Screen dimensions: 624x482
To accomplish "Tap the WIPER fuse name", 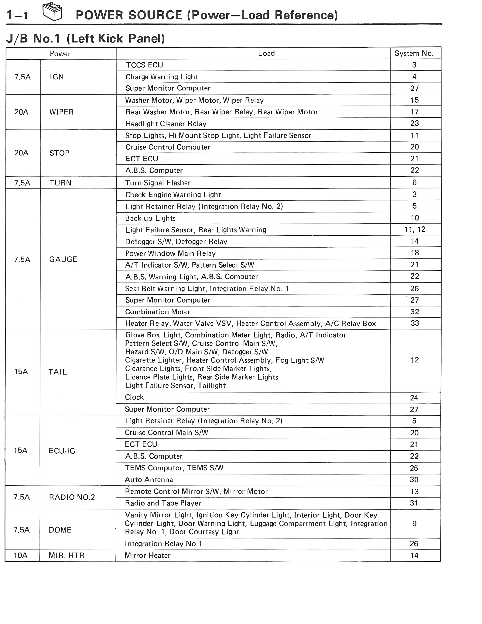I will tap(61, 112).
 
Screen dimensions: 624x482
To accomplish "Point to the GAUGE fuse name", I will tap(63, 259).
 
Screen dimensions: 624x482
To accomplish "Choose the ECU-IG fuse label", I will tap(62, 451).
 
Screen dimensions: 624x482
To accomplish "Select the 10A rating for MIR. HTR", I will tap(21, 555).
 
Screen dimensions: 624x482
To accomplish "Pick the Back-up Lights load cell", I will tap(150, 218).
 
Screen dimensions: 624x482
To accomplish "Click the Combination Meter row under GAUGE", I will tap(158, 312).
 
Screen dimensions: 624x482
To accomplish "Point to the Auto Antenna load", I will tap(149, 480).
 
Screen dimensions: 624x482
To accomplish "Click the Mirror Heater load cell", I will tap(147, 555).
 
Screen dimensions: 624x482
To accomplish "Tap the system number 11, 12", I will tap(415, 229).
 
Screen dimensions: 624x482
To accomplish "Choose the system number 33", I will tap(415, 323).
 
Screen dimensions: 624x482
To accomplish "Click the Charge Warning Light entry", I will tap(162, 77).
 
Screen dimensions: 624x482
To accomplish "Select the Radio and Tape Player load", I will tap(163, 503).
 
